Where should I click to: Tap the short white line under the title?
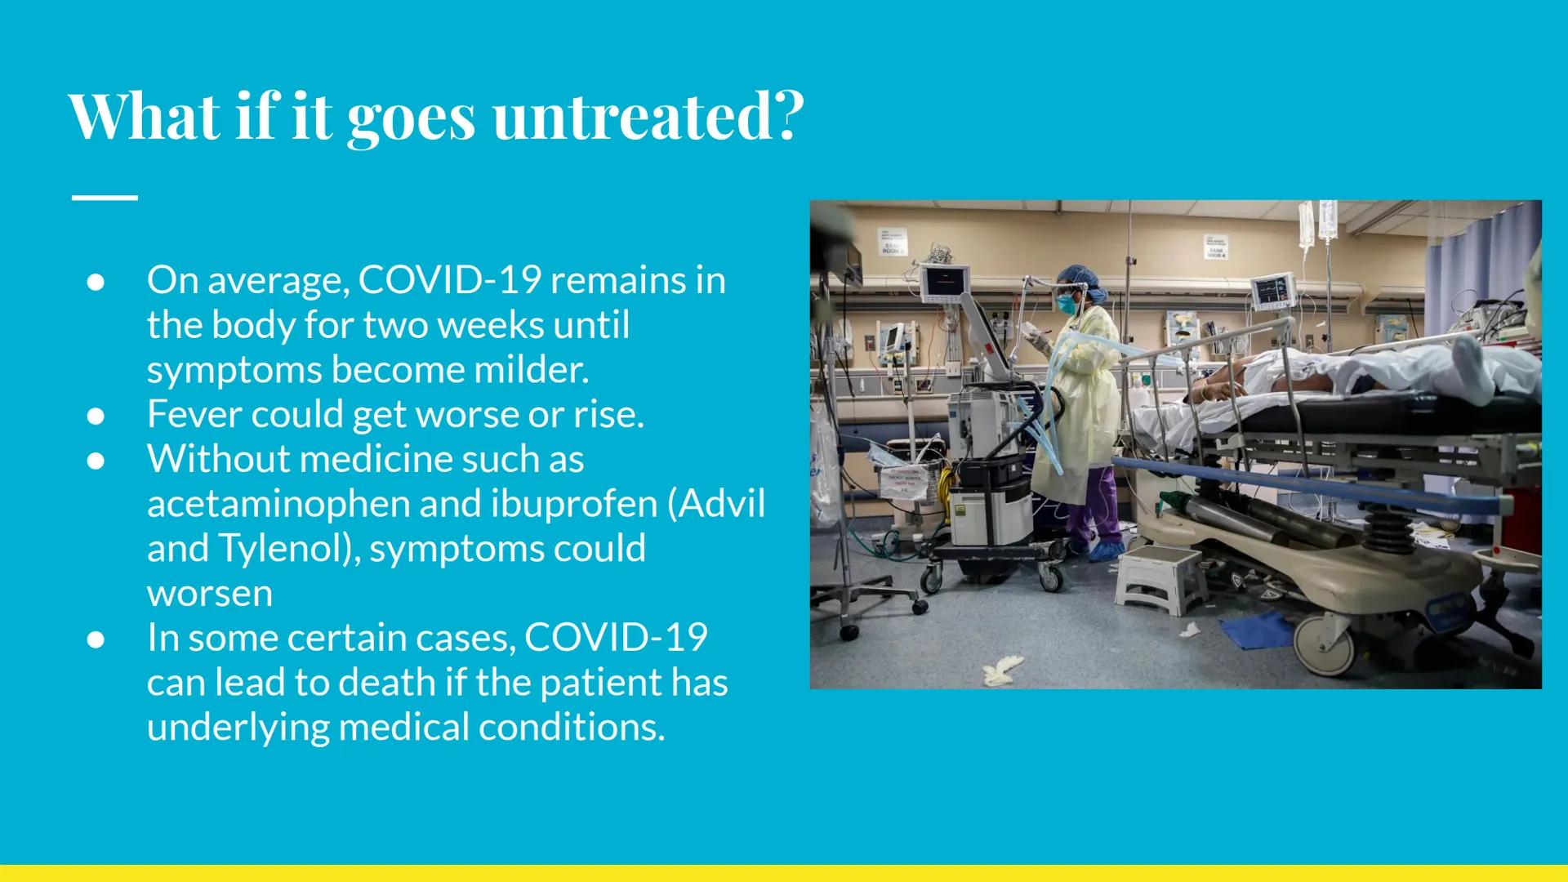105,198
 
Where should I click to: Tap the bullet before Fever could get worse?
96,416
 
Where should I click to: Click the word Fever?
194,414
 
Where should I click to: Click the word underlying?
238,727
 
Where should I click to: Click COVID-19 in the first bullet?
449,280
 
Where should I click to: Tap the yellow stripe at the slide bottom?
784,872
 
